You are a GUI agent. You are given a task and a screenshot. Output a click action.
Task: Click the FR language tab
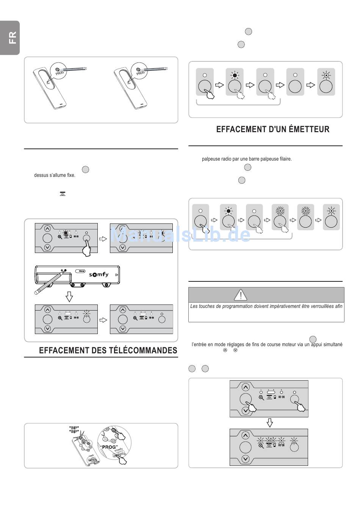[x=12, y=37]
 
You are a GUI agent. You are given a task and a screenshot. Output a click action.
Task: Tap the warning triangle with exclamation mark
[x=240, y=294]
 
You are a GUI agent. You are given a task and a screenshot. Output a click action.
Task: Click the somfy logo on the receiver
[x=99, y=275]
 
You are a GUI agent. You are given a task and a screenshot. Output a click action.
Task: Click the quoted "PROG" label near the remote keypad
[x=109, y=447]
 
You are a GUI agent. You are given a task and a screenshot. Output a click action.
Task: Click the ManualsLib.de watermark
[x=180, y=235]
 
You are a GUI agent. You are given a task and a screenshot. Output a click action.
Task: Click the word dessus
[x=42, y=175]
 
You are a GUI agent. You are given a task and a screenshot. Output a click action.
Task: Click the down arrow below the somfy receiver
[x=69, y=297]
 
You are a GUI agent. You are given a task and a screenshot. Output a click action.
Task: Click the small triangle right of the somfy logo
[x=117, y=275]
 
